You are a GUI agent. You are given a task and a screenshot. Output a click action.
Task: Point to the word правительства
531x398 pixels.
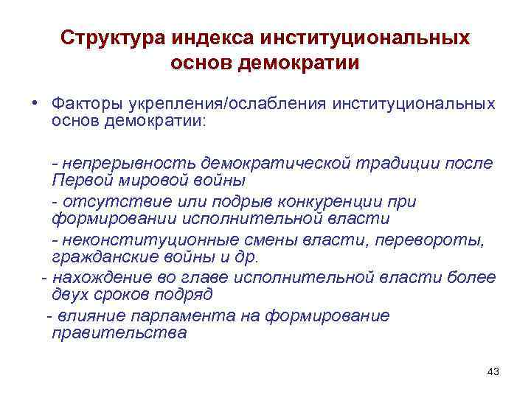point(119,333)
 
